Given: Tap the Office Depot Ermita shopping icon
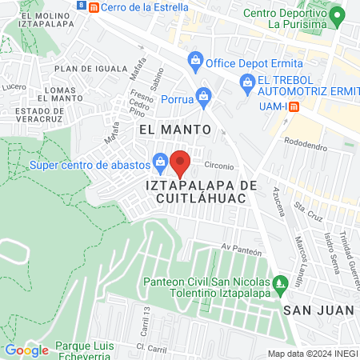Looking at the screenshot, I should click(194, 59).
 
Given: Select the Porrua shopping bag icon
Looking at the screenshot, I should click(204, 99).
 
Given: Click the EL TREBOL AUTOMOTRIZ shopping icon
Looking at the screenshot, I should click(246, 81).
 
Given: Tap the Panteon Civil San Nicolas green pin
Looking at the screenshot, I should click(279, 282).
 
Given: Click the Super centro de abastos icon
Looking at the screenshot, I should click(161, 164).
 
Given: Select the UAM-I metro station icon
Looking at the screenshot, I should click(294, 106).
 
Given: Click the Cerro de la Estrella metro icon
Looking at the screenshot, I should click(94, 7).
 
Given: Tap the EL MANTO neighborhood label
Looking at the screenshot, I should click(174, 128).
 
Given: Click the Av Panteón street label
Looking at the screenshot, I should click(242, 250).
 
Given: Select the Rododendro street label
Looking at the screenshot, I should click(302, 146).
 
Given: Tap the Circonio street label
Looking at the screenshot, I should click(219, 166).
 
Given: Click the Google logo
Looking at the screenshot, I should click(26, 350).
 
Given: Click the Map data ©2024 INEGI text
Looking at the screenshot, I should click(312, 354).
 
